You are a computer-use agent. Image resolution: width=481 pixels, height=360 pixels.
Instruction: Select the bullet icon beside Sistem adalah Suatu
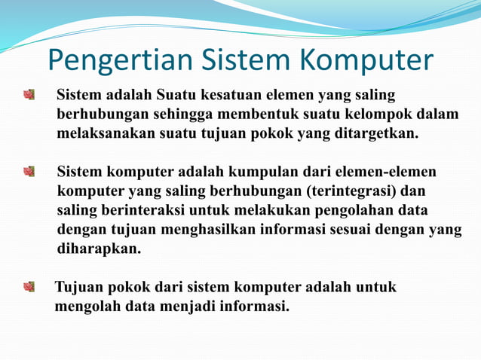[29, 96]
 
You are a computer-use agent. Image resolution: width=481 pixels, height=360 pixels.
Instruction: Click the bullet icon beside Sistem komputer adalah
[29, 172]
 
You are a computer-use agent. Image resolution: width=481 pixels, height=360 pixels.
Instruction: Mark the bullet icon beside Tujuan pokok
[29, 287]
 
